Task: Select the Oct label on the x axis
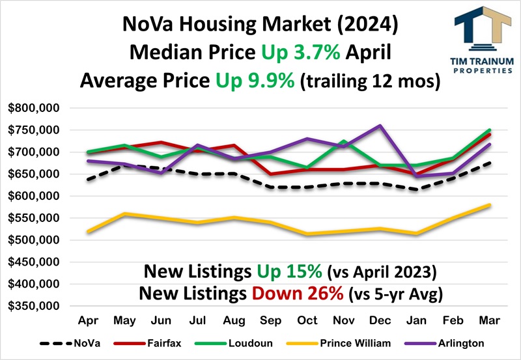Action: (307, 321)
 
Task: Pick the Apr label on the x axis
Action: (88, 321)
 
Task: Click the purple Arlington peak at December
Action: (380, 126)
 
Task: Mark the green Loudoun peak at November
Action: (343, 141)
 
